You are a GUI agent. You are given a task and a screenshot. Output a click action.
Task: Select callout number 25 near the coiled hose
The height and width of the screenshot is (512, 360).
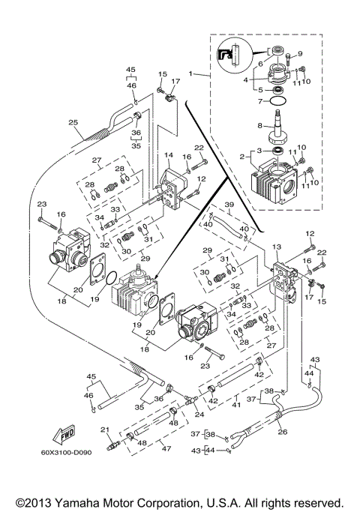coord(73,122)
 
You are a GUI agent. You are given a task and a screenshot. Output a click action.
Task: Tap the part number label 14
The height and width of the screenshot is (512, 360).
coord(169,154)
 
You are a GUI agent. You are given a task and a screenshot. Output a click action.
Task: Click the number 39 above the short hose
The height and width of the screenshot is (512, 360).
coord(229,204)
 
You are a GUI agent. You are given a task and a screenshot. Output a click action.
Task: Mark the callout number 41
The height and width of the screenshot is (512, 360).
coord(237,406)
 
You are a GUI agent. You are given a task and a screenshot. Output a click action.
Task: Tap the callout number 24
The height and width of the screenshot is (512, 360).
coord(198,414)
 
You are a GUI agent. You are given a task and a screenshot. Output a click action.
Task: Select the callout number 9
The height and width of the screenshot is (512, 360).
coord(300,53)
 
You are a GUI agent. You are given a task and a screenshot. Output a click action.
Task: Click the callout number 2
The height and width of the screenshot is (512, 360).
coord(242,157)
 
